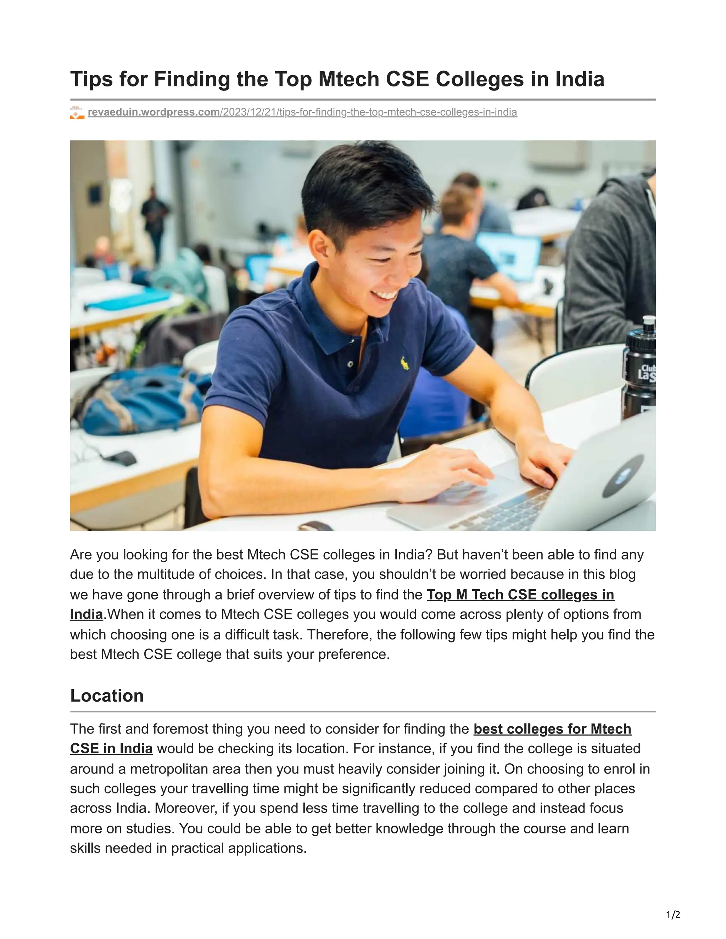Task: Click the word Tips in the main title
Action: coord(91,79)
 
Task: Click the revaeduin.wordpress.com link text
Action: coord(154,112)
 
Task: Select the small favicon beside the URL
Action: coord(77,113)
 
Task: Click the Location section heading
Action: coord(107,696)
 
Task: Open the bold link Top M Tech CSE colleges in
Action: coord(520,595)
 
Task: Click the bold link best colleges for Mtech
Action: coord(552,729)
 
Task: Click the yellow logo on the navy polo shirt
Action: coord(404,364)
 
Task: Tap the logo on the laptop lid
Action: coord(622,476)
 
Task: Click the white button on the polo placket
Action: coord(351,364)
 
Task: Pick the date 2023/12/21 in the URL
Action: coord(248,112)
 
